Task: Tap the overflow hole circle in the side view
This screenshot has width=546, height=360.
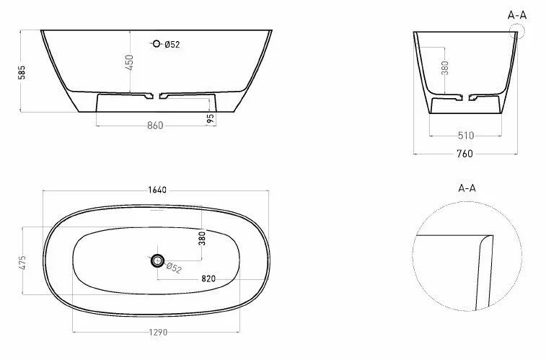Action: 156,45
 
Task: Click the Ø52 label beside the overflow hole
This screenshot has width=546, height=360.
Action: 172,45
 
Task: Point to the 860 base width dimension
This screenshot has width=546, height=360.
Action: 154,125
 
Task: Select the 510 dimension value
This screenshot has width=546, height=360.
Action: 465,135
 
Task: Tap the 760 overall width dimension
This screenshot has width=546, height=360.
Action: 465,153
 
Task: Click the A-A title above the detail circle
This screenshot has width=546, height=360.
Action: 467,188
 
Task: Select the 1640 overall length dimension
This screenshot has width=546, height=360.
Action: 157,190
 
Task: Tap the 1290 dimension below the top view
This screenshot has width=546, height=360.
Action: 157,333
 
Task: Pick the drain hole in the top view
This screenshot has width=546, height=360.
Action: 158,260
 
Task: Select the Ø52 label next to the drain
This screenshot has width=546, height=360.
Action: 173,268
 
